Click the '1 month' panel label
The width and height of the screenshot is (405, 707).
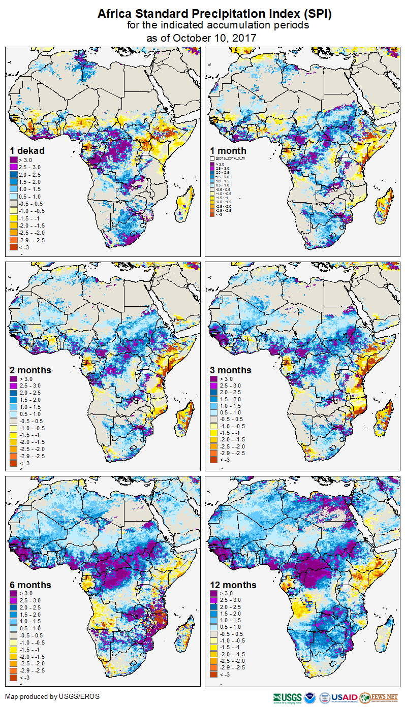(x=228, y=150)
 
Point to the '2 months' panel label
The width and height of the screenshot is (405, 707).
(x=30, y=370)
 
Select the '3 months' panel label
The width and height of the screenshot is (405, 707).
(x=231, y=370)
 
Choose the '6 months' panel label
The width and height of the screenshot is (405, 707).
(x=30, y=585)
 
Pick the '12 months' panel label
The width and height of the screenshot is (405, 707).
(x=233, y=585)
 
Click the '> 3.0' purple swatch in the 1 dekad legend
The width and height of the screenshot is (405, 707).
(x=14, y=159)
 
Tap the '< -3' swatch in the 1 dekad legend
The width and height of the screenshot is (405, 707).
(x=14, y=247)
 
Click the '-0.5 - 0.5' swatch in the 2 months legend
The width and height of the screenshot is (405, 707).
(x=14, y=421)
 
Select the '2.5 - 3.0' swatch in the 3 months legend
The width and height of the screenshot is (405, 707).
(x=214, y=386)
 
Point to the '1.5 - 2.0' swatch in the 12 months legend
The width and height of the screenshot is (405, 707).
(x=214, y=615)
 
